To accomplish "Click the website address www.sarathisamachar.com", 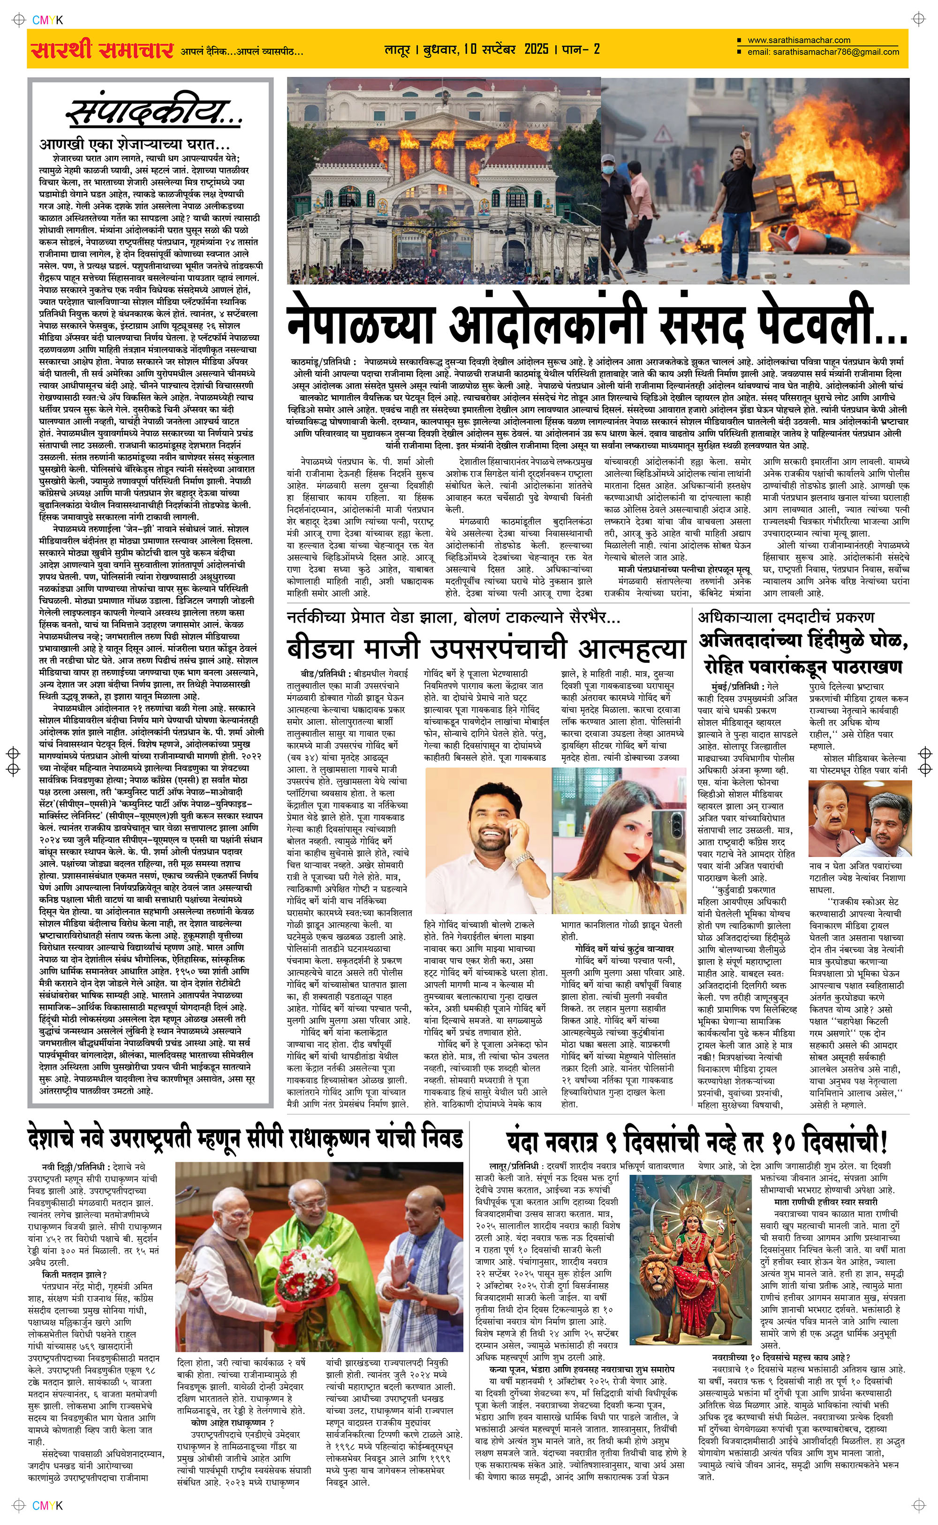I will tap(799, 40).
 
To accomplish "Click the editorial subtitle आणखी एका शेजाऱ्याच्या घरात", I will tap(134, 144).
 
